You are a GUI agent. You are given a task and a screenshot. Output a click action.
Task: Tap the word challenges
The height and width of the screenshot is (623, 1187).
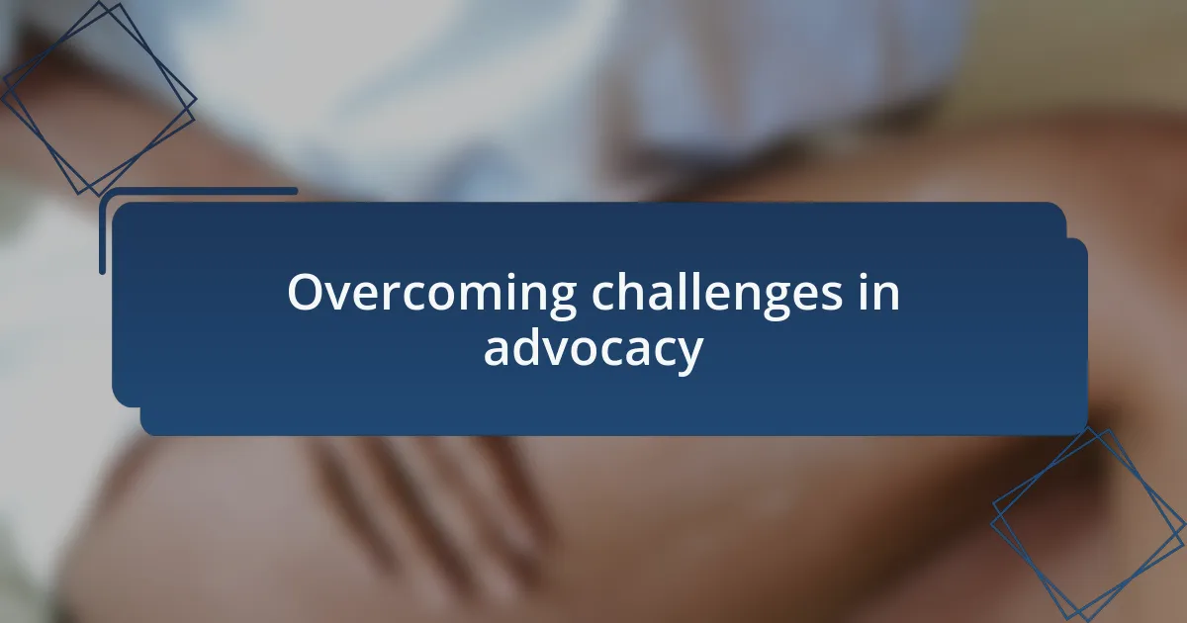point(717,294)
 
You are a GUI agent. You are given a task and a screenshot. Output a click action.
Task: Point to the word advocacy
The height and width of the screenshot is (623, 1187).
point(593,350)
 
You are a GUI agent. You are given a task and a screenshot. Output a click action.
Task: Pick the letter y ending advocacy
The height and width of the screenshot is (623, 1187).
point(688,356)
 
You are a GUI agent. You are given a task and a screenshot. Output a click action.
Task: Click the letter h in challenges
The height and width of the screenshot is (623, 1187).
point(636,291)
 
